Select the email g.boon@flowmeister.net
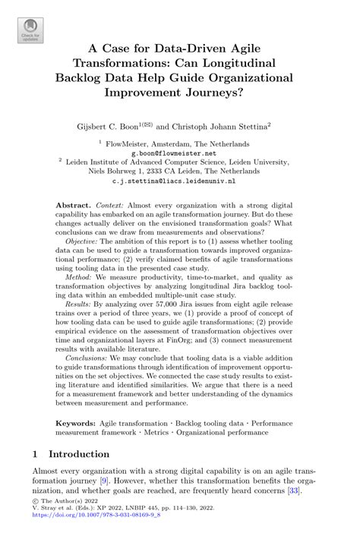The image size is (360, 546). pos(179,151)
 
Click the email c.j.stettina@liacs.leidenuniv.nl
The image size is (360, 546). pos(179,181)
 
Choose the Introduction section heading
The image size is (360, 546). pos(79,454)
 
